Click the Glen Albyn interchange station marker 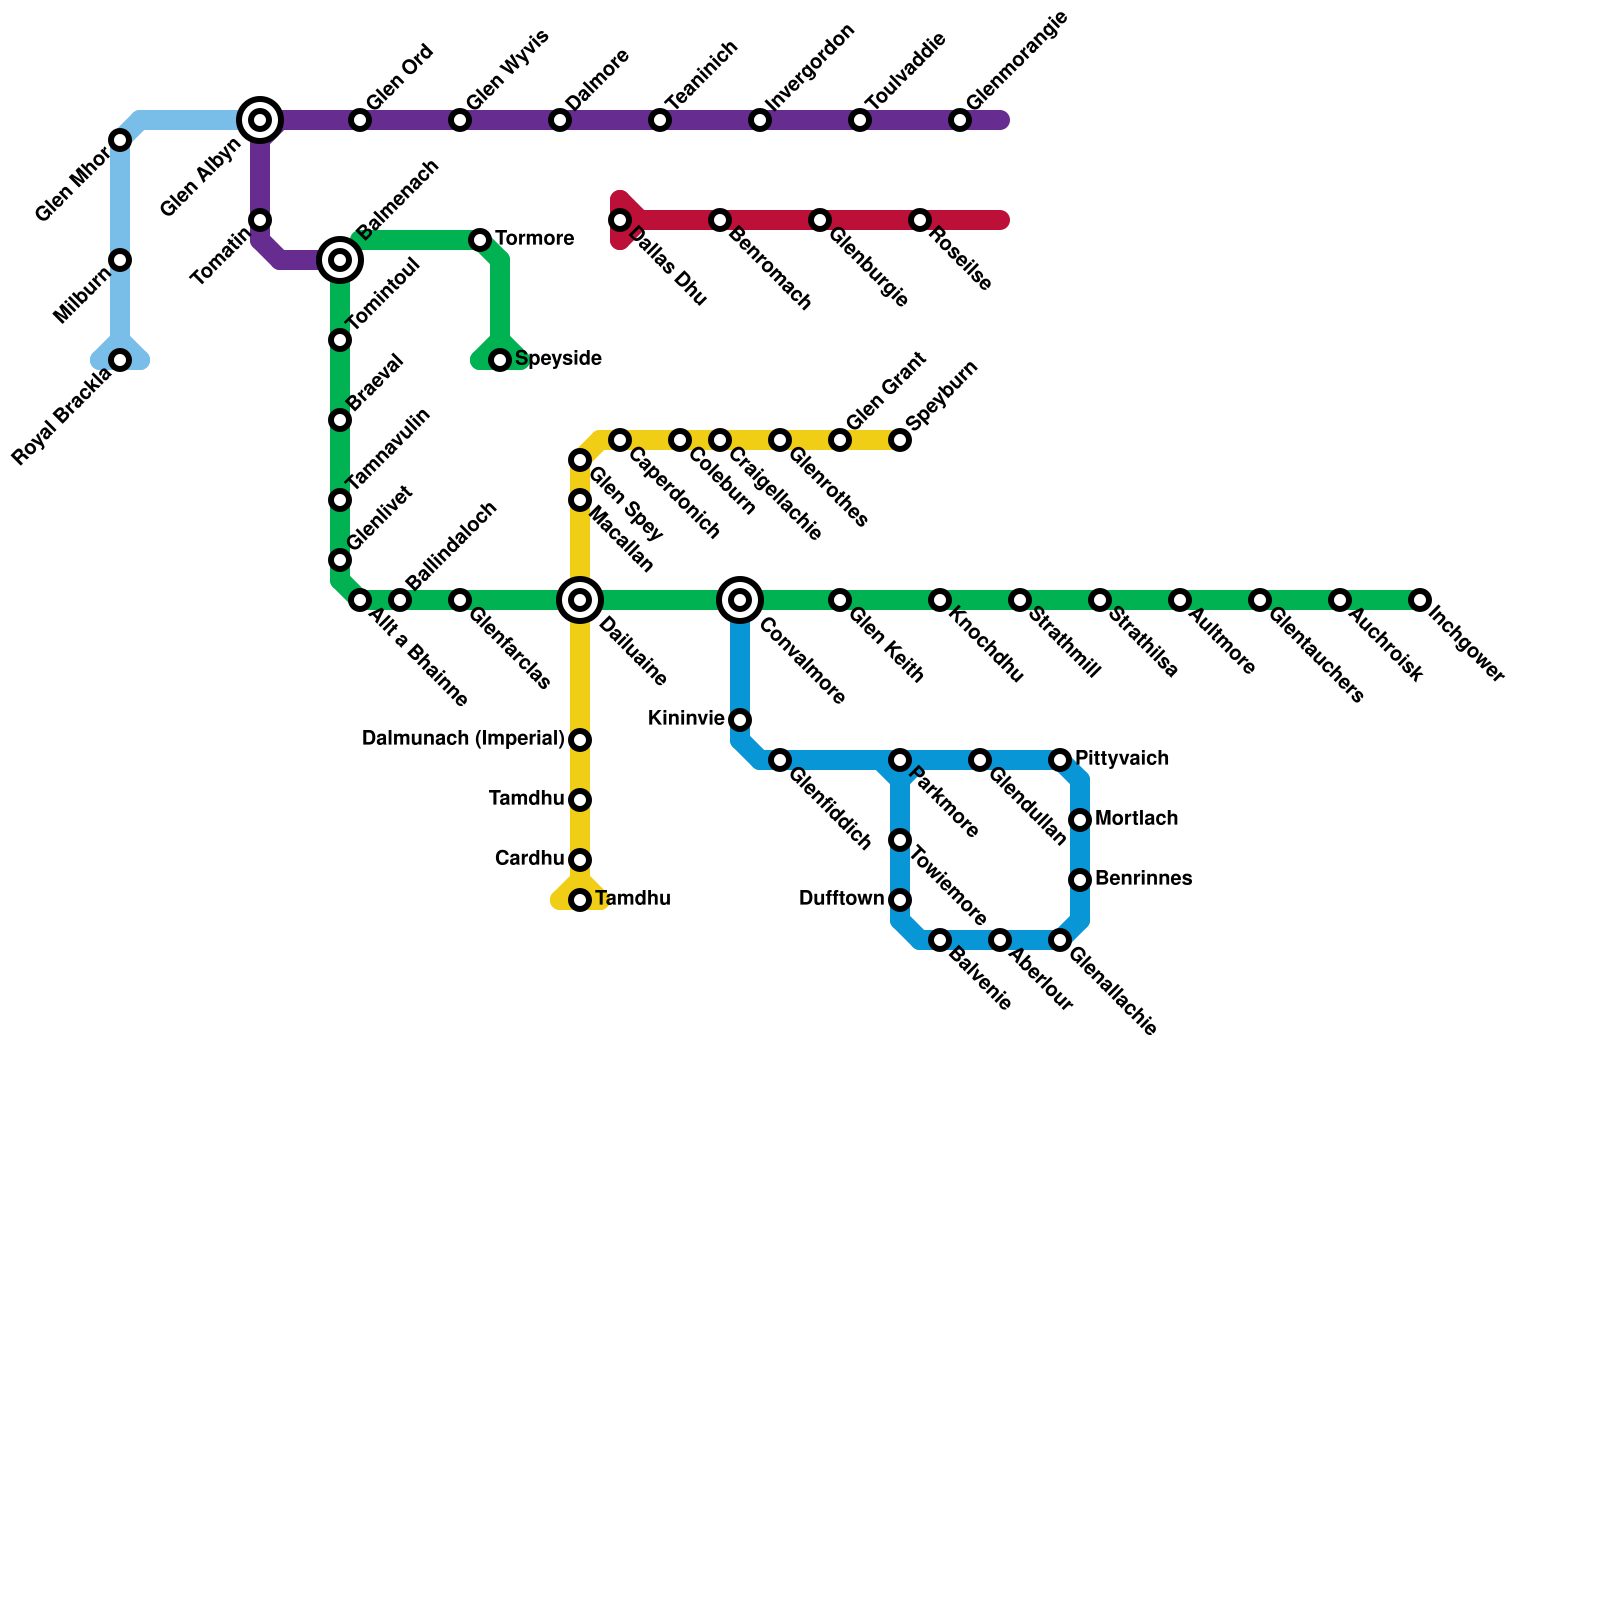click(x=260, y=120)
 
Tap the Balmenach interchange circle click(x=340, y=260)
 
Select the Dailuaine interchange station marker click(x=580, y=600)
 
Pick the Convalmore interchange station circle click(x=740, y=600)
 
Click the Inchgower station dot click(x=1420, y=600)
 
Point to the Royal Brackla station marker click(x=120, y=360)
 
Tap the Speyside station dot click(x=500, y=360)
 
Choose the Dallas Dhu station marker click(x=620, y=220)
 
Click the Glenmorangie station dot click(x=960, y=120)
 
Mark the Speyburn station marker click(x=900, y=440)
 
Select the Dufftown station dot click(x=900, y=900)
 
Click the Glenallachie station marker click(x=1060, y=940)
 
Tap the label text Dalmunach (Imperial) click(x=463, y=739)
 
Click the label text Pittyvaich click(x=1121, y=759)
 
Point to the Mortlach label click(x=1136, y=819)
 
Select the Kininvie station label click(x=686, y=718)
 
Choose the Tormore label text click(x=534, y=239)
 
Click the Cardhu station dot click(x=580, y=860)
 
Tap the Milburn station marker click(x=120, y=260)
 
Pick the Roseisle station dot click(x=920, y=220)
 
